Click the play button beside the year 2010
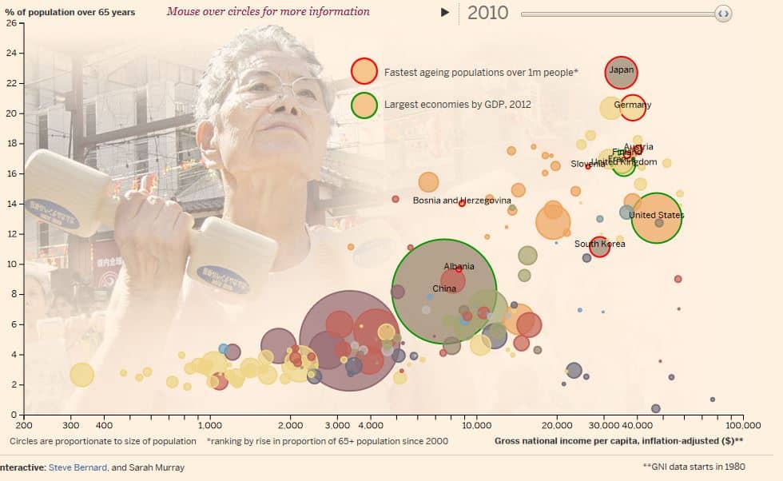(446, 12)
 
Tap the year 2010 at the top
(488, 13)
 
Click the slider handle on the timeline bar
(722, 14)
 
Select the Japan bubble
(622, 72)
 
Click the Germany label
(633, 105)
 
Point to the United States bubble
(657, 217)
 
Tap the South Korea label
(599, 244)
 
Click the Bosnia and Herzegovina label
(462, 201)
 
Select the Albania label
(459, 267)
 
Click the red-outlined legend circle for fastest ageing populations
(364, 71)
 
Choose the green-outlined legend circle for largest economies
(364, 104)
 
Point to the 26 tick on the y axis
(11, 22)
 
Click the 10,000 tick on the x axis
(476, 426)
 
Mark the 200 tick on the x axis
(24, 426)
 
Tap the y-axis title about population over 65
(70, 12)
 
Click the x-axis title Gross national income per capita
(618, 441)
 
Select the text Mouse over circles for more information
(268, 11)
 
